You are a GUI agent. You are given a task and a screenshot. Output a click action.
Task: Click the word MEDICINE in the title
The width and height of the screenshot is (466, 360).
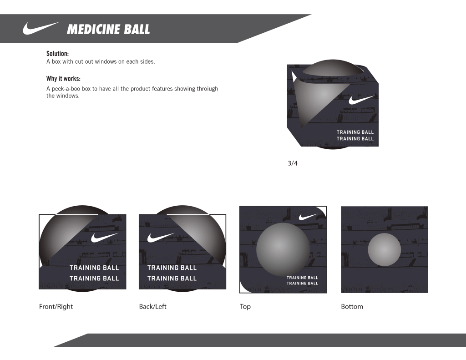click(x=93, y=30)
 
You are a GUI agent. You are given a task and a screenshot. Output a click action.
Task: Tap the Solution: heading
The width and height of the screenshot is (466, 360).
click(x=57, y=54)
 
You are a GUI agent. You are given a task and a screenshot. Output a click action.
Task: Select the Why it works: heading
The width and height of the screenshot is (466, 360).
click(x=63, y=78)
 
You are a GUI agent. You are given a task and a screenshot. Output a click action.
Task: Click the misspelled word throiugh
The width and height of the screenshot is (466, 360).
click(x=207, y=89)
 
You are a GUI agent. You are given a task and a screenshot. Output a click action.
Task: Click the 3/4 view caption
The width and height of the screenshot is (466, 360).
click(x=293, y=163)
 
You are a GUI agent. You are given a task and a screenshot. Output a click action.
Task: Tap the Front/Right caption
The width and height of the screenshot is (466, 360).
click(x=56, y=306)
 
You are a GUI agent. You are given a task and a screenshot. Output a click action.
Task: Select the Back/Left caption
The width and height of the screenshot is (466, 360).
click(x=153, y=306)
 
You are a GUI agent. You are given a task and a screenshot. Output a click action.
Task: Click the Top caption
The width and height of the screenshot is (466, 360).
click(x=245, y=307)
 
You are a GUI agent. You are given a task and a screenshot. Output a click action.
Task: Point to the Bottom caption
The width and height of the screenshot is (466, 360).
click(x=352, y=306)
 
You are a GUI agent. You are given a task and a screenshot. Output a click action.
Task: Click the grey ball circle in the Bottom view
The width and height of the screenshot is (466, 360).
click(x=384, y=250)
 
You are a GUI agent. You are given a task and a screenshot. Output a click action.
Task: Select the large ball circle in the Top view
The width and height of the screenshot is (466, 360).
click(x=283, y=249)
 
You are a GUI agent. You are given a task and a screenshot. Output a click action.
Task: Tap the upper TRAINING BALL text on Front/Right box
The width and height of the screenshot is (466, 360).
click(x=94, y=268)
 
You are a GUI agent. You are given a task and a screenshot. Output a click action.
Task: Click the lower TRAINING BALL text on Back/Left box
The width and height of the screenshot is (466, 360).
click(x=172, y=279)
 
